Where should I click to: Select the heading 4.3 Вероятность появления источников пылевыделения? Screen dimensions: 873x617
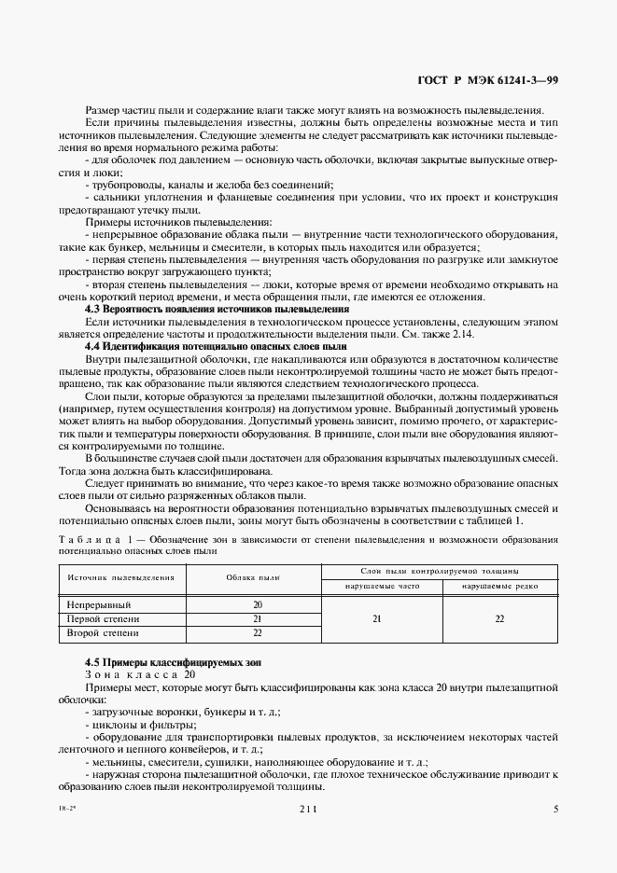pyautogui.click(x=217, y=309)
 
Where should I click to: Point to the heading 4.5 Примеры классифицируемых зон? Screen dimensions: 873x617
pyautogui.click(x=173, y=662)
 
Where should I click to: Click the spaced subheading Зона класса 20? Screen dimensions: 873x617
pyautogui.click(x=139, y=674)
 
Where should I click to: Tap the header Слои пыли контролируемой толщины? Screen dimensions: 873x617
pyautogui.click(x=439, y=570)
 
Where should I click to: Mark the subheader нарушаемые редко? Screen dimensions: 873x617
pyautogui.click(x=498, y=586)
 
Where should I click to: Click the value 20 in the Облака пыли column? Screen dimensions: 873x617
pyautogui.click(x=258, y=604)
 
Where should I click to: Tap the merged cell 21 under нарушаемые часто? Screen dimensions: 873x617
pyautogui.click(x=376, y=618)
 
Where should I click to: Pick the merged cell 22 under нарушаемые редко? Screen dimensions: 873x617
pyautogui.click(x=499, y=618)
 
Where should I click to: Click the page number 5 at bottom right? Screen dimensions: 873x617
pyautogui.click(x=555, y=810)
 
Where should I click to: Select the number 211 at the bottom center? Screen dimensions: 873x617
pyautogui.click(x=309, y=810)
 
